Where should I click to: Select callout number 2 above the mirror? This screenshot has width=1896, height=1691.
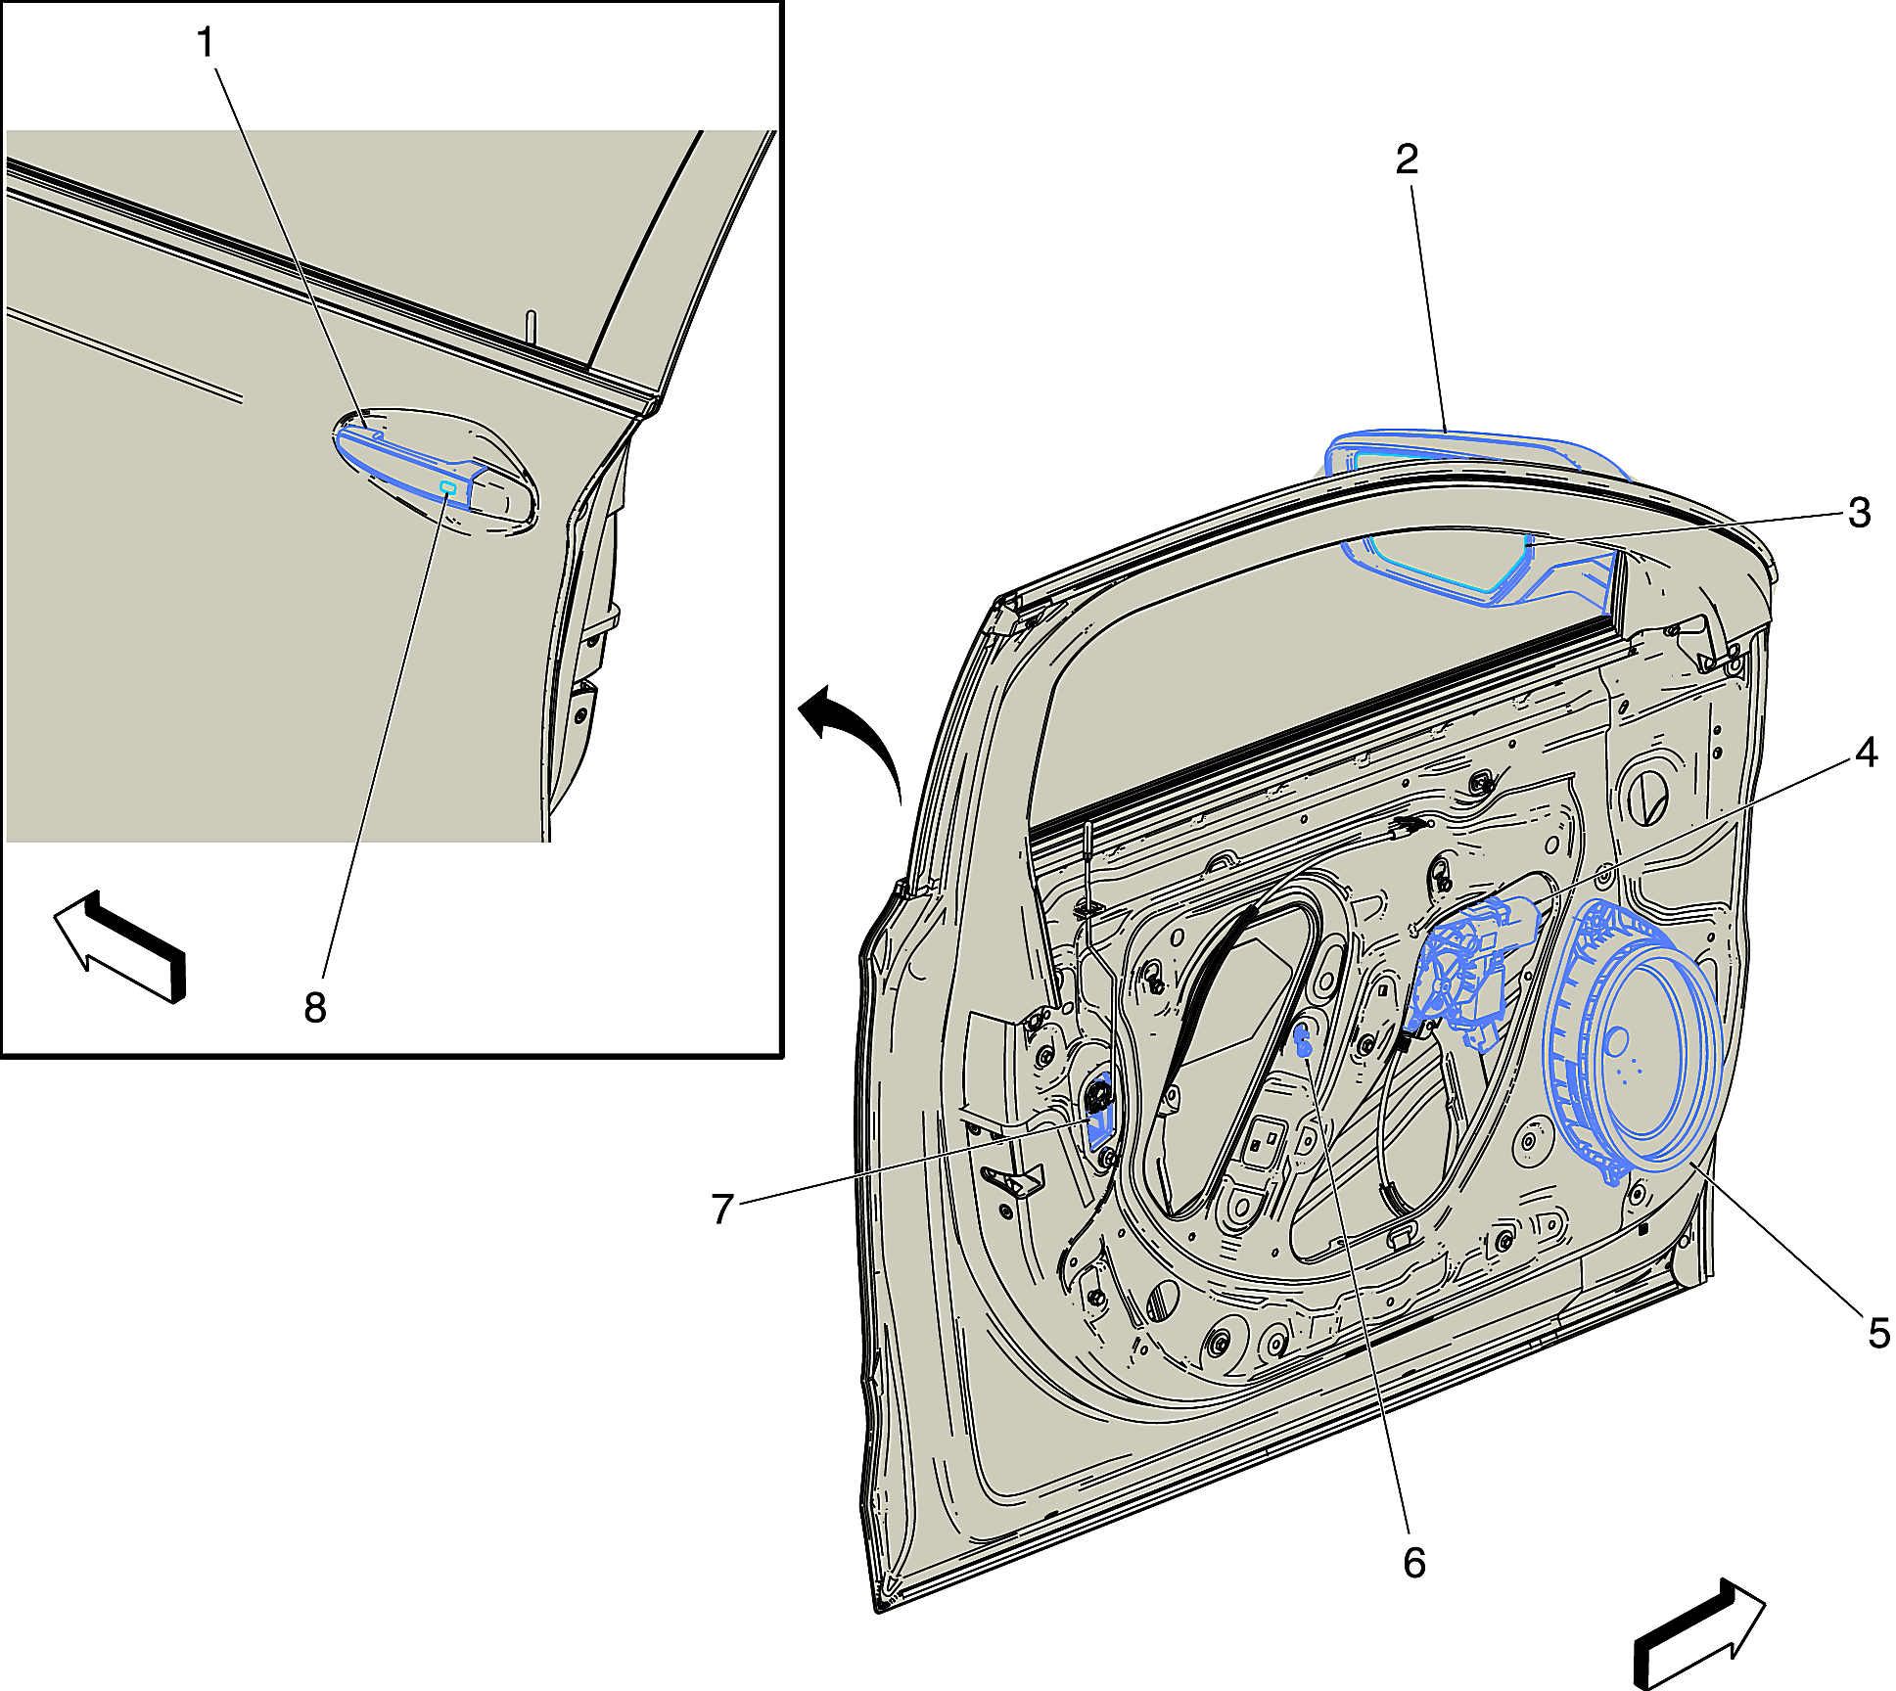(x=1407, y=159)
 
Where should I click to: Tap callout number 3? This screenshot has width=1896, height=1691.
(x=1859, y=513)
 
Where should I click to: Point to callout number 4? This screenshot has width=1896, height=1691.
(x=1866, y=753)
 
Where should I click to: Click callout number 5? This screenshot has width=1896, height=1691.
(x=1878, y=1333)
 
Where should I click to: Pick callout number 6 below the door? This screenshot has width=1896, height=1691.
(x=1414, y=1563)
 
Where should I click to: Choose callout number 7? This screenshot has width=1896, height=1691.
(x=722, y=1209)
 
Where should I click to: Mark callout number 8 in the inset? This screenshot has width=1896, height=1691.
(x=314, y=1007)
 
